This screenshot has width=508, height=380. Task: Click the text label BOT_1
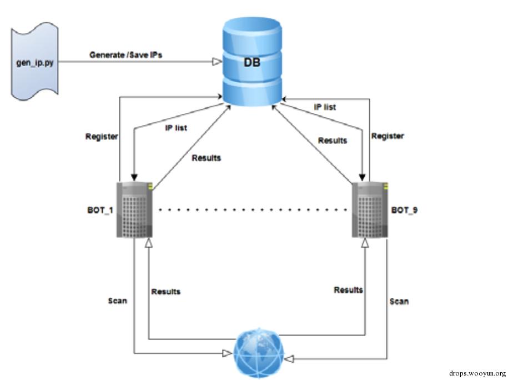tap(100, 211)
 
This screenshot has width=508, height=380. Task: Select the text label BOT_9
tap(405, 211)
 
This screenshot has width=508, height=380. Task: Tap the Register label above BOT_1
tap(102, 137)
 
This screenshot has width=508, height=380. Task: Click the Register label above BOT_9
tap(388, 136)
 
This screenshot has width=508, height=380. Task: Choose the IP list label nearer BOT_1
tap(176, 128)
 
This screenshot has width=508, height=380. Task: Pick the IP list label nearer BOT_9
tap(325, 107)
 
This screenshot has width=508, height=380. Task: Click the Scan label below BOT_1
tap(117, 301)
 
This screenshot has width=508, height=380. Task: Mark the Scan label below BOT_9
tap(399, 302)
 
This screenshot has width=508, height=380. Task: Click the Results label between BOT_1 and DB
tap(206, 158)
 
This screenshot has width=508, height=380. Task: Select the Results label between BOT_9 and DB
tap(333, 141)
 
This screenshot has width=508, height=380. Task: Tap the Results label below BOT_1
tap(165, 291)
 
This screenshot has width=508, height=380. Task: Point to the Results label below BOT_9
tap(348, 290)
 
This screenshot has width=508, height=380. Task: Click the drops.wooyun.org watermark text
tap(477, 373)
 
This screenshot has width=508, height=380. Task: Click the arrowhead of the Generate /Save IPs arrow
tap(217, 62)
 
